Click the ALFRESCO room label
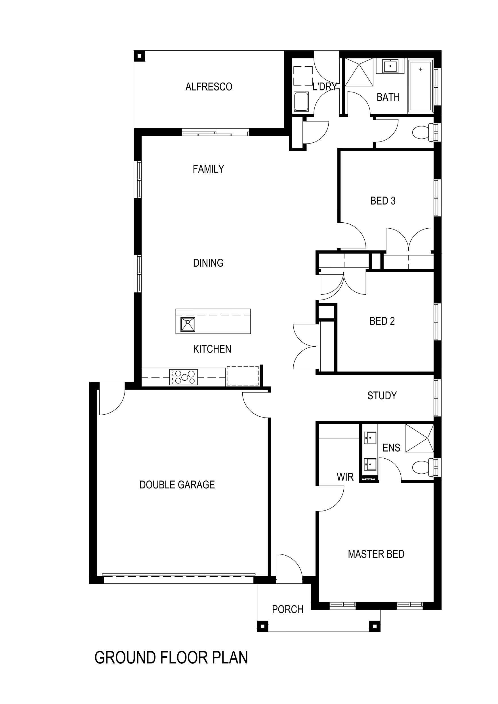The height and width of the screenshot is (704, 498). click(x=209, y=87)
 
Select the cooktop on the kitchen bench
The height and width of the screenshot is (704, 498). click(x=184, y=377)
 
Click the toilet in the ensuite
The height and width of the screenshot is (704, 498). click(x=420, y=468)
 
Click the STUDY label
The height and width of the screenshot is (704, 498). click(x=382, y=396)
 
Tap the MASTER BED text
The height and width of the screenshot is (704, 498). click(x=376, y=554)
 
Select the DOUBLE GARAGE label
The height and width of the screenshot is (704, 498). click(x=177, y=484)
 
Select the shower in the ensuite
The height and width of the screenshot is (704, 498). click(x=419, y=438)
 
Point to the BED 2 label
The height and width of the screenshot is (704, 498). click(x=382, y=321)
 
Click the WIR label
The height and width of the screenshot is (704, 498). click(x=345, y=477)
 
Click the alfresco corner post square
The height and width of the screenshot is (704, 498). click(x=139, y=56)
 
